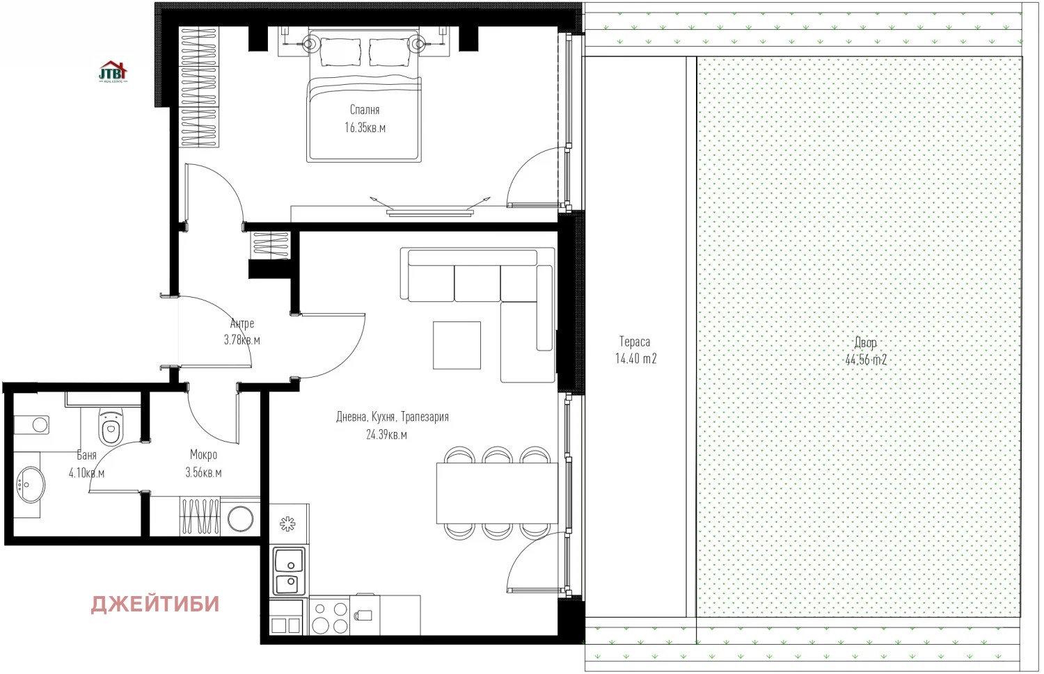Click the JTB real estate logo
point(113,72)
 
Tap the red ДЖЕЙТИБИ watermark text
point(155,604)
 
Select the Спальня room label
point(365,110)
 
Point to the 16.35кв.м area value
point(365,127)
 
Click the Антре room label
point(242,323)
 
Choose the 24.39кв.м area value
point(386,435)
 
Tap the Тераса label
point(635,342)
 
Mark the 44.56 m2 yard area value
point(866,360)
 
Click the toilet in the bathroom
point(111,426)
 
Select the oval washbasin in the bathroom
point(31,484)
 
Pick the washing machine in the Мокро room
point(241,517)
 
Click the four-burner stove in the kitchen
point(329,617)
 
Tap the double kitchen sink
point(290,571)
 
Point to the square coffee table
point(457,345)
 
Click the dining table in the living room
point(498,493)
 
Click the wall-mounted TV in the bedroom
point(430,212)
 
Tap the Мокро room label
point(203,455)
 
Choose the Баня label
point(87,455)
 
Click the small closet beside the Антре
point(271,245)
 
